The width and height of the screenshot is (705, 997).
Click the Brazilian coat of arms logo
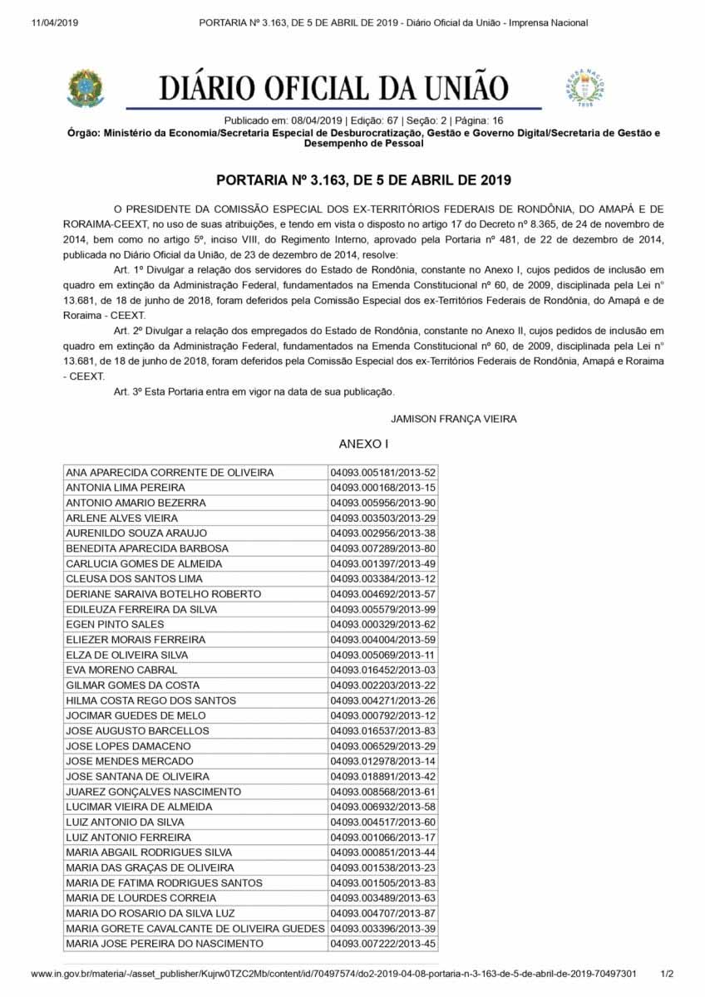(86, 89)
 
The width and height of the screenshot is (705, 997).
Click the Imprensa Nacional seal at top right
(586, 88)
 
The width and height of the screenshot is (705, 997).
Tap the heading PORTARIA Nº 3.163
(363, 179)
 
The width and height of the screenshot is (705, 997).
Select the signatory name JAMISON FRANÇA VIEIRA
(453, 419)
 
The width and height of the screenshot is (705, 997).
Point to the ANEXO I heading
(363, 444)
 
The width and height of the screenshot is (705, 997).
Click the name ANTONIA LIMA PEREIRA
(126, 488)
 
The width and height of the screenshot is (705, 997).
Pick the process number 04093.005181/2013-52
(382, 473)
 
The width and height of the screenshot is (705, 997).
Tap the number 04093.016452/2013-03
(382, 670)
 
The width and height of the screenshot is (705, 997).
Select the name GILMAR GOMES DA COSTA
(133, 685)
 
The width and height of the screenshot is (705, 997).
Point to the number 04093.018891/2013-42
(382, 776)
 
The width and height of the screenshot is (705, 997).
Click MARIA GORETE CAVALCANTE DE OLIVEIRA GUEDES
(195, 928)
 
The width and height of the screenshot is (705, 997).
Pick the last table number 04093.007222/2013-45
(382, 943)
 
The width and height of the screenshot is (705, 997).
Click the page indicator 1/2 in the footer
(667, 973)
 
